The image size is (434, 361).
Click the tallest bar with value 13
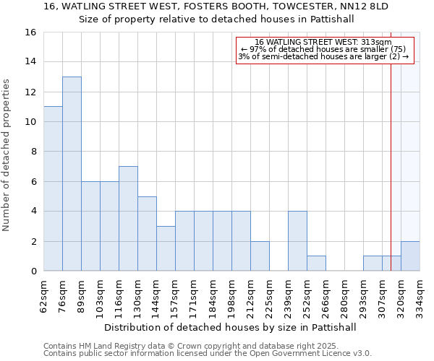(72, 173)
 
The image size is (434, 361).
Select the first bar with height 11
(53, 188)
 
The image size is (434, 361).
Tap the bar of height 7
(128, 218)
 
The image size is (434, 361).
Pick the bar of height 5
(147, 233)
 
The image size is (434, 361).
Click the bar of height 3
(166, 248)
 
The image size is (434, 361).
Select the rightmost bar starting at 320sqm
(410, 256)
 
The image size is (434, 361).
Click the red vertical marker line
(391, 144)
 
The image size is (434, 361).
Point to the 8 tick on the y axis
(33, 152)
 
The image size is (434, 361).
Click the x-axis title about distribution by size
(230, 327)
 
